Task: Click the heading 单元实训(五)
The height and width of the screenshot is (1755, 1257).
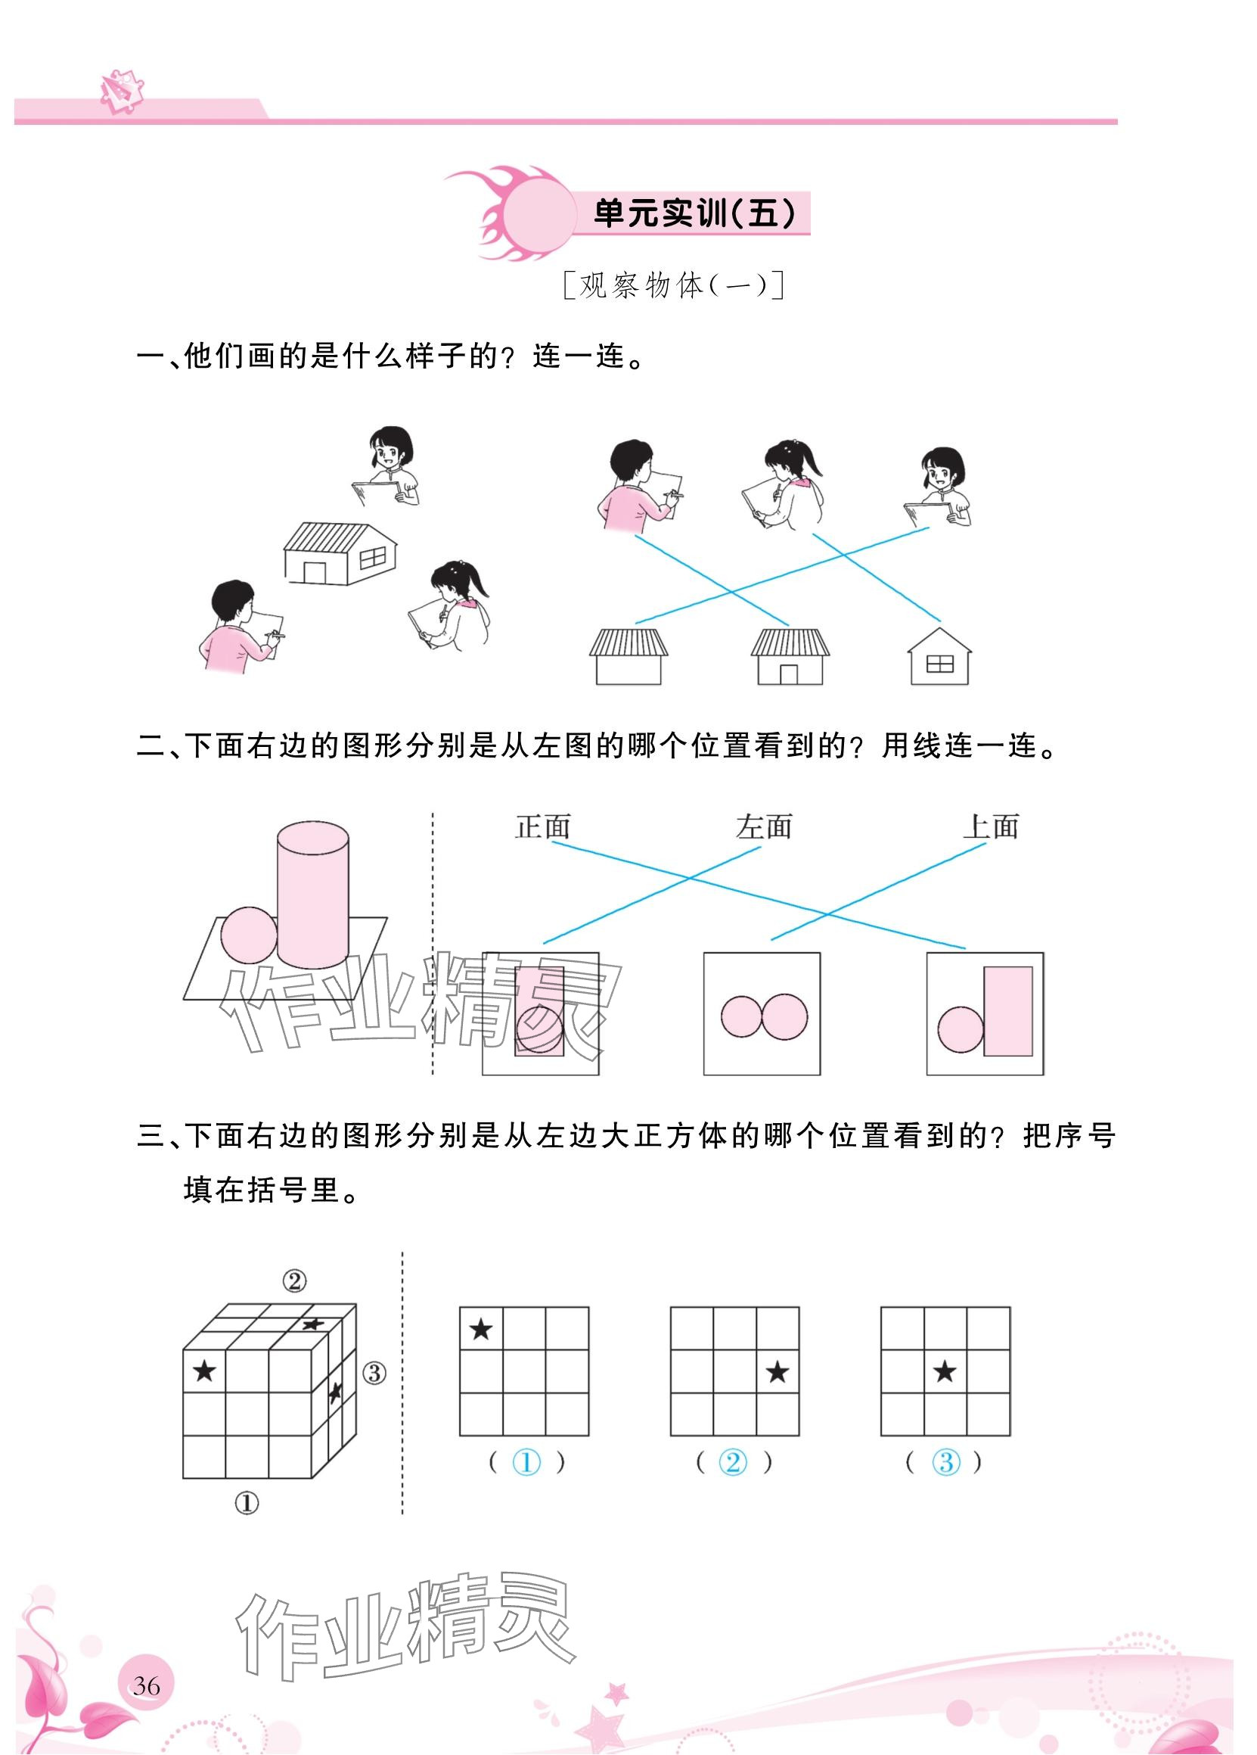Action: (x=693, y=213)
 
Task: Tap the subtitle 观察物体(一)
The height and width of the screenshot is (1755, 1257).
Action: (x=674, y=285)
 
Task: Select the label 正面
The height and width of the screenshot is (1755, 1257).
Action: (x=542, y=826)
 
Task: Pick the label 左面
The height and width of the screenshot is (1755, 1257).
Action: (x=764, y=826)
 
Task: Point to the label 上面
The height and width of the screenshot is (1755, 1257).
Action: (x=990, y=826)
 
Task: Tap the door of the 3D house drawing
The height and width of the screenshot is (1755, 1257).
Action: (x=315, y=573)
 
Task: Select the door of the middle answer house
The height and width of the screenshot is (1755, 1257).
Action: (x=788, y=674)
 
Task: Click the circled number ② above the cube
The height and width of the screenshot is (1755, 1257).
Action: (x=294, y=1281)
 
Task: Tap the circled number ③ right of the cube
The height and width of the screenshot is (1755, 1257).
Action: (x=374, y=1374)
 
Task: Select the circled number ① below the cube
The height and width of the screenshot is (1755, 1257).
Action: (x=246, y=1504)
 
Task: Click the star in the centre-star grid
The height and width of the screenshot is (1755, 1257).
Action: (x=945, y=1373)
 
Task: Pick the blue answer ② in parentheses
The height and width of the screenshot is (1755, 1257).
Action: (x=733, y=1462)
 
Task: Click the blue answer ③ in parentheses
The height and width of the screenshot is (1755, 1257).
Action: (x=945, y=1462)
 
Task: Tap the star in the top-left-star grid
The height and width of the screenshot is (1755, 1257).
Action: (x=481, y=1330)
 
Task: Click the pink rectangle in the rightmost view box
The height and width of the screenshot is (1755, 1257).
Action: (x=1008, y=1011)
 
